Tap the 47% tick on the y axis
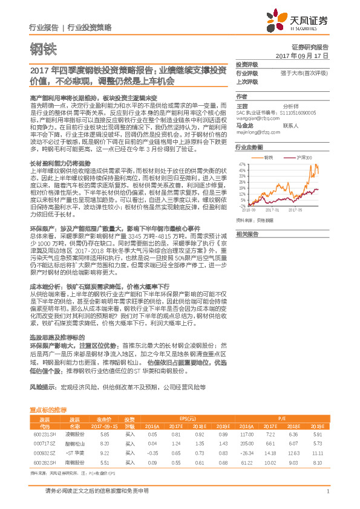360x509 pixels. click(242, 163)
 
